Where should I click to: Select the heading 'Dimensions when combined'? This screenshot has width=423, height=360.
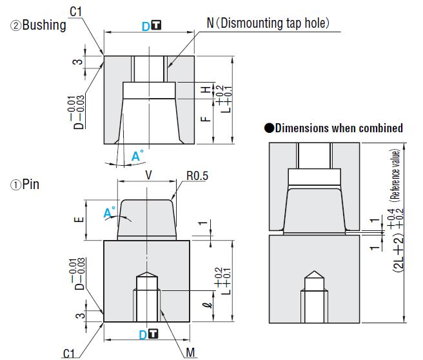click(339, 128)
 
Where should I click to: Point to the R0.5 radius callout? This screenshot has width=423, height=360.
click(197, 175)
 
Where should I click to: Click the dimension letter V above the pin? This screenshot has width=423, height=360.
click(148, 174)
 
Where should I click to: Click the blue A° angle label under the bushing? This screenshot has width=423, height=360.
click(137, 156)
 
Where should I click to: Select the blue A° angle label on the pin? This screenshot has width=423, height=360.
click(109, 212)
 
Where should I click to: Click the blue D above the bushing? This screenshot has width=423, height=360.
click(146, 26)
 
